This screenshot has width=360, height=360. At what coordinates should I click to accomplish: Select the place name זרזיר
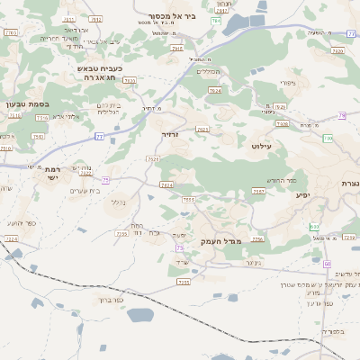[x=170, y=133]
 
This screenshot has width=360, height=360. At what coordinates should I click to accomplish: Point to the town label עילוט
[x=263, y=144]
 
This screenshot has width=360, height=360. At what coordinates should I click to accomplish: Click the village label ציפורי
[x=289, y=84]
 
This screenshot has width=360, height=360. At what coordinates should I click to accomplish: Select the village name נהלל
[x=118, y=202]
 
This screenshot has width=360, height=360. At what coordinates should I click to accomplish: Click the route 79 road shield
[x=342, y=115]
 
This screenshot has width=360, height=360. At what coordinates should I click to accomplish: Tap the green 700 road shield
[x=314, y=225]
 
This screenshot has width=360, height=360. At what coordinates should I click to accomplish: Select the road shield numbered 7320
[x=337, y=51]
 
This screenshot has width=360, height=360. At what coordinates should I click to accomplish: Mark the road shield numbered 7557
[x=258, y=191]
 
